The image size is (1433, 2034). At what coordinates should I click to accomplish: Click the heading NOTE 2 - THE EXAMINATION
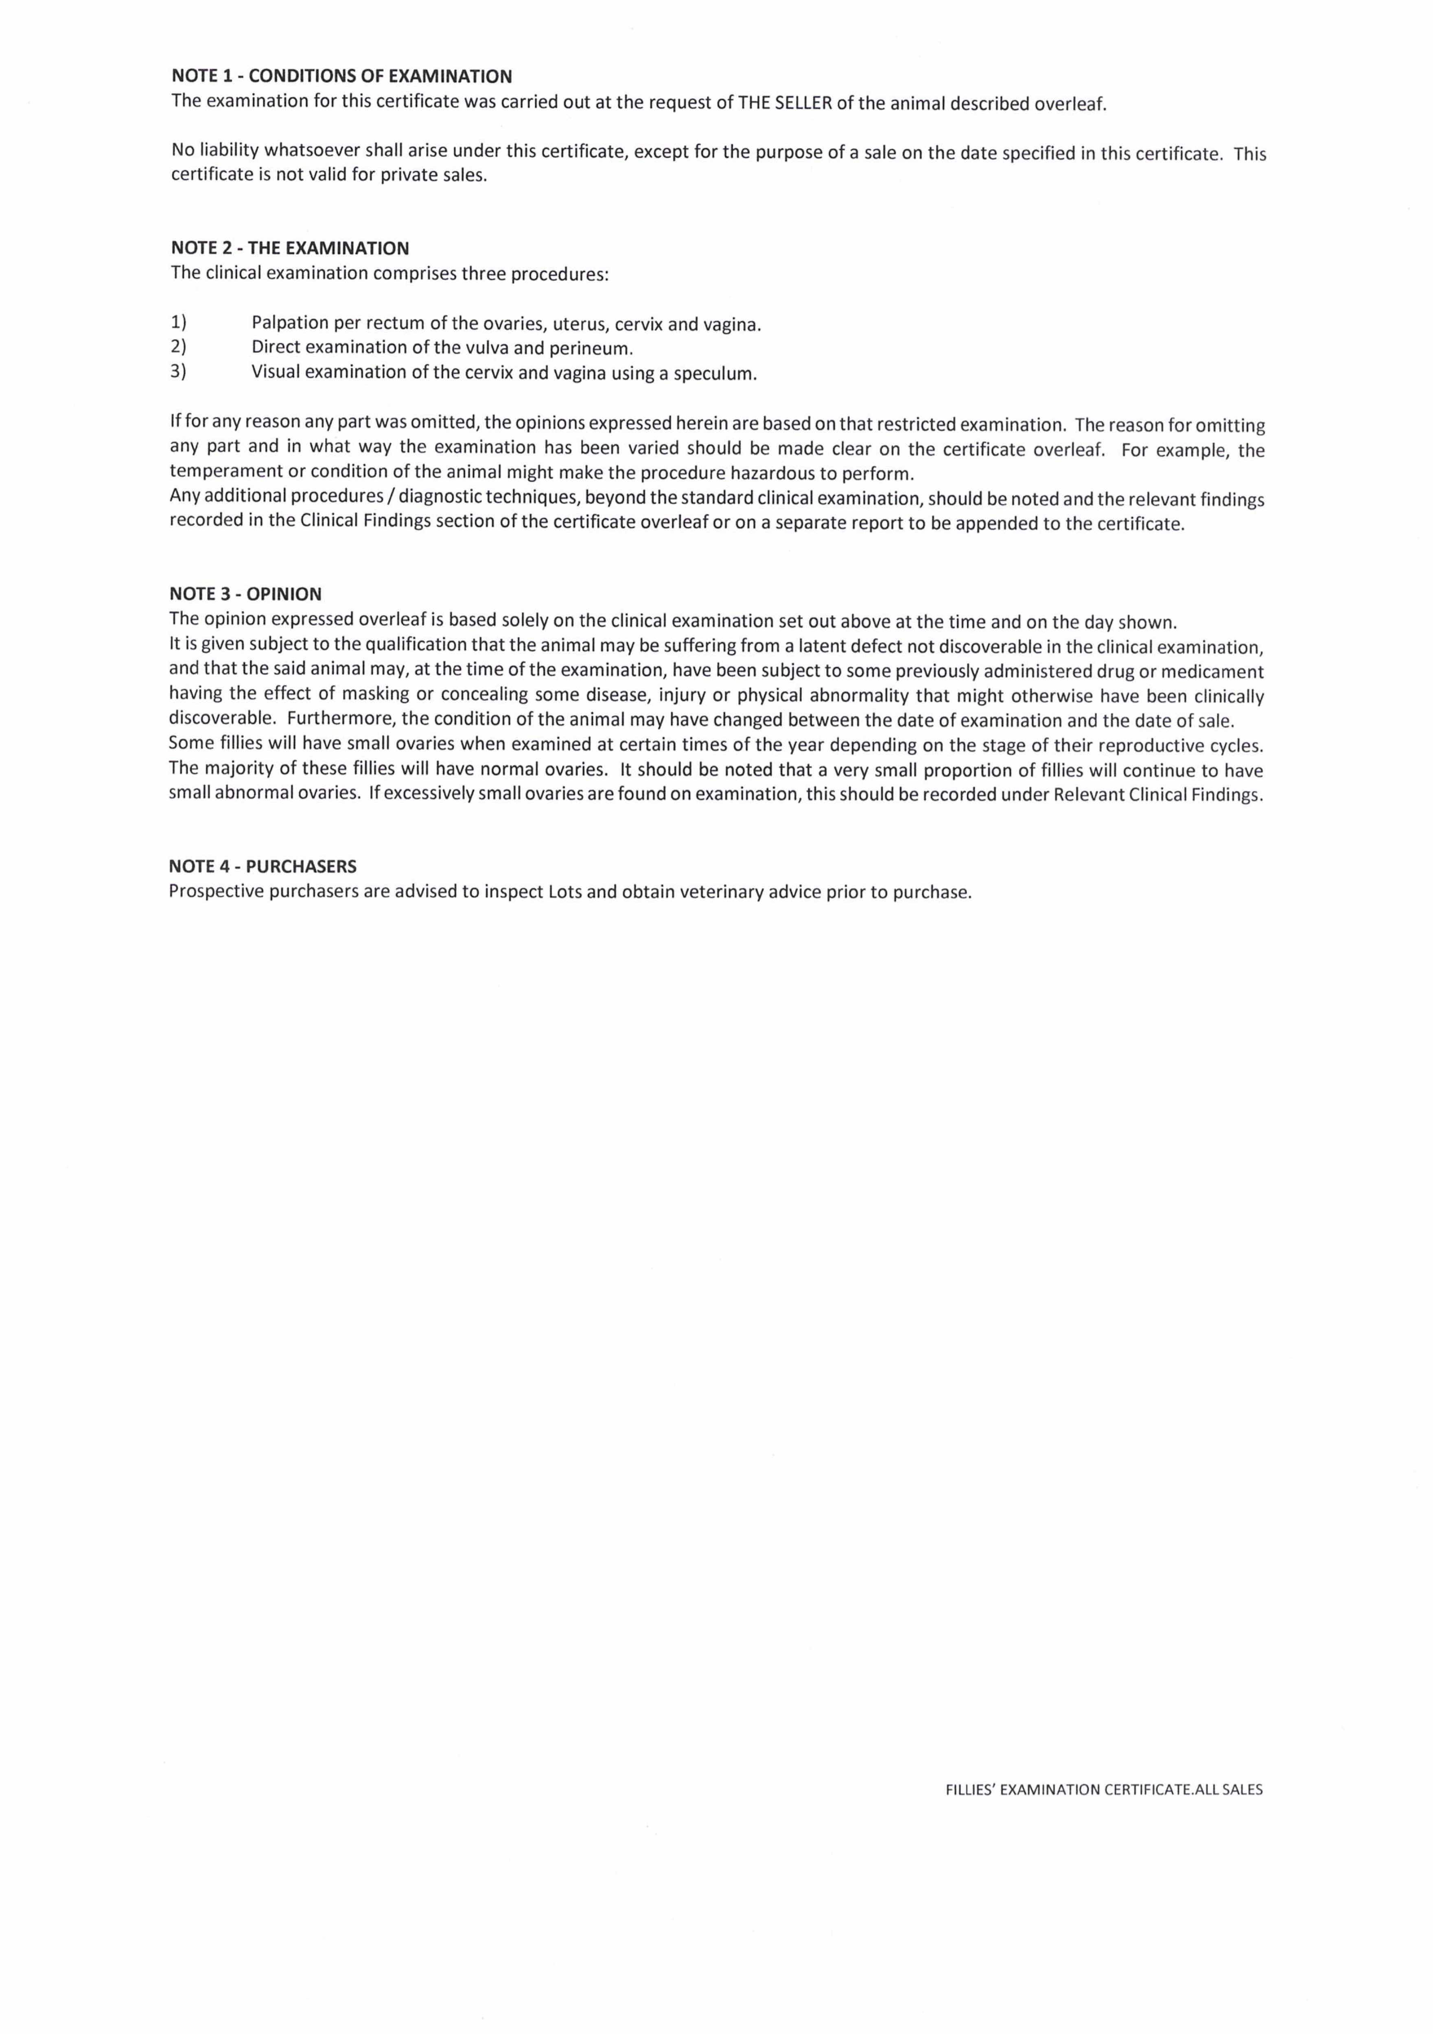(290, 248)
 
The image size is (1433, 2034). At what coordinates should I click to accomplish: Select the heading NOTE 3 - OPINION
(245, 594)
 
